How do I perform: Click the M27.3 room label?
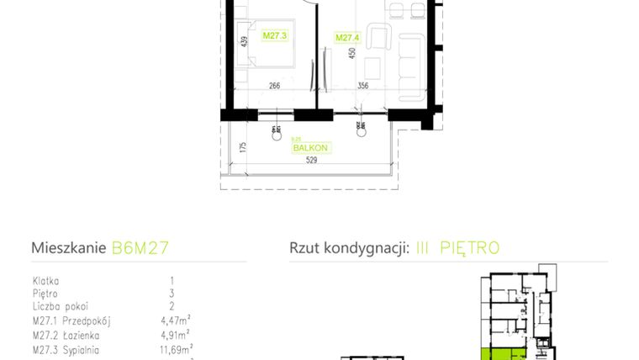tap(275, 36)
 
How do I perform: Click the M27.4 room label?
tap(346, 37)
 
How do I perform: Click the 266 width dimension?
tap(274, 84)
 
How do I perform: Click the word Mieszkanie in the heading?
tap(69, 248)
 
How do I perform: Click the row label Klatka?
tap(45, 280)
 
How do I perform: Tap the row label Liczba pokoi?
tap(60, 307)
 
